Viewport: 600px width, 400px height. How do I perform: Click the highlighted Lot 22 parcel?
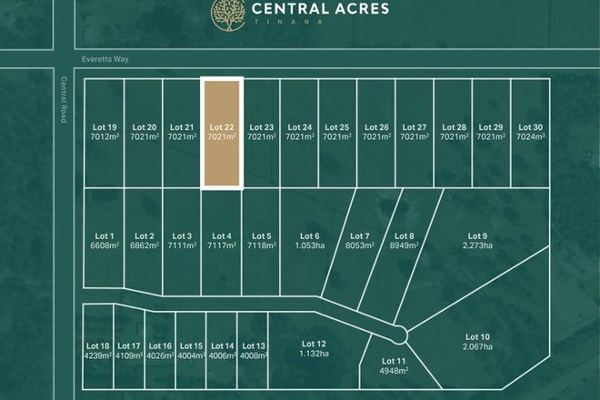pos(222,133)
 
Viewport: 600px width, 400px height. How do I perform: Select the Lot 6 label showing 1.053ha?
pos(310,241)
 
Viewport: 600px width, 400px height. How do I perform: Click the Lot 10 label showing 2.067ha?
pos(478,342)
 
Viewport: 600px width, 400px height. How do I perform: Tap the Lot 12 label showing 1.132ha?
pos(313,348)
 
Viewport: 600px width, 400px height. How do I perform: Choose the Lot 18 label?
pos(97,350)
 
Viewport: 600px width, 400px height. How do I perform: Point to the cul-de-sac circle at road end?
pos(396,333)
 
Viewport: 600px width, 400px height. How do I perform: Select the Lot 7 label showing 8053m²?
pos(359,241)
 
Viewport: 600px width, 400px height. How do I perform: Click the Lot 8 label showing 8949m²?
pos(405,241)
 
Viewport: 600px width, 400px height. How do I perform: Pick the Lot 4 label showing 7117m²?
pos(222,241)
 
